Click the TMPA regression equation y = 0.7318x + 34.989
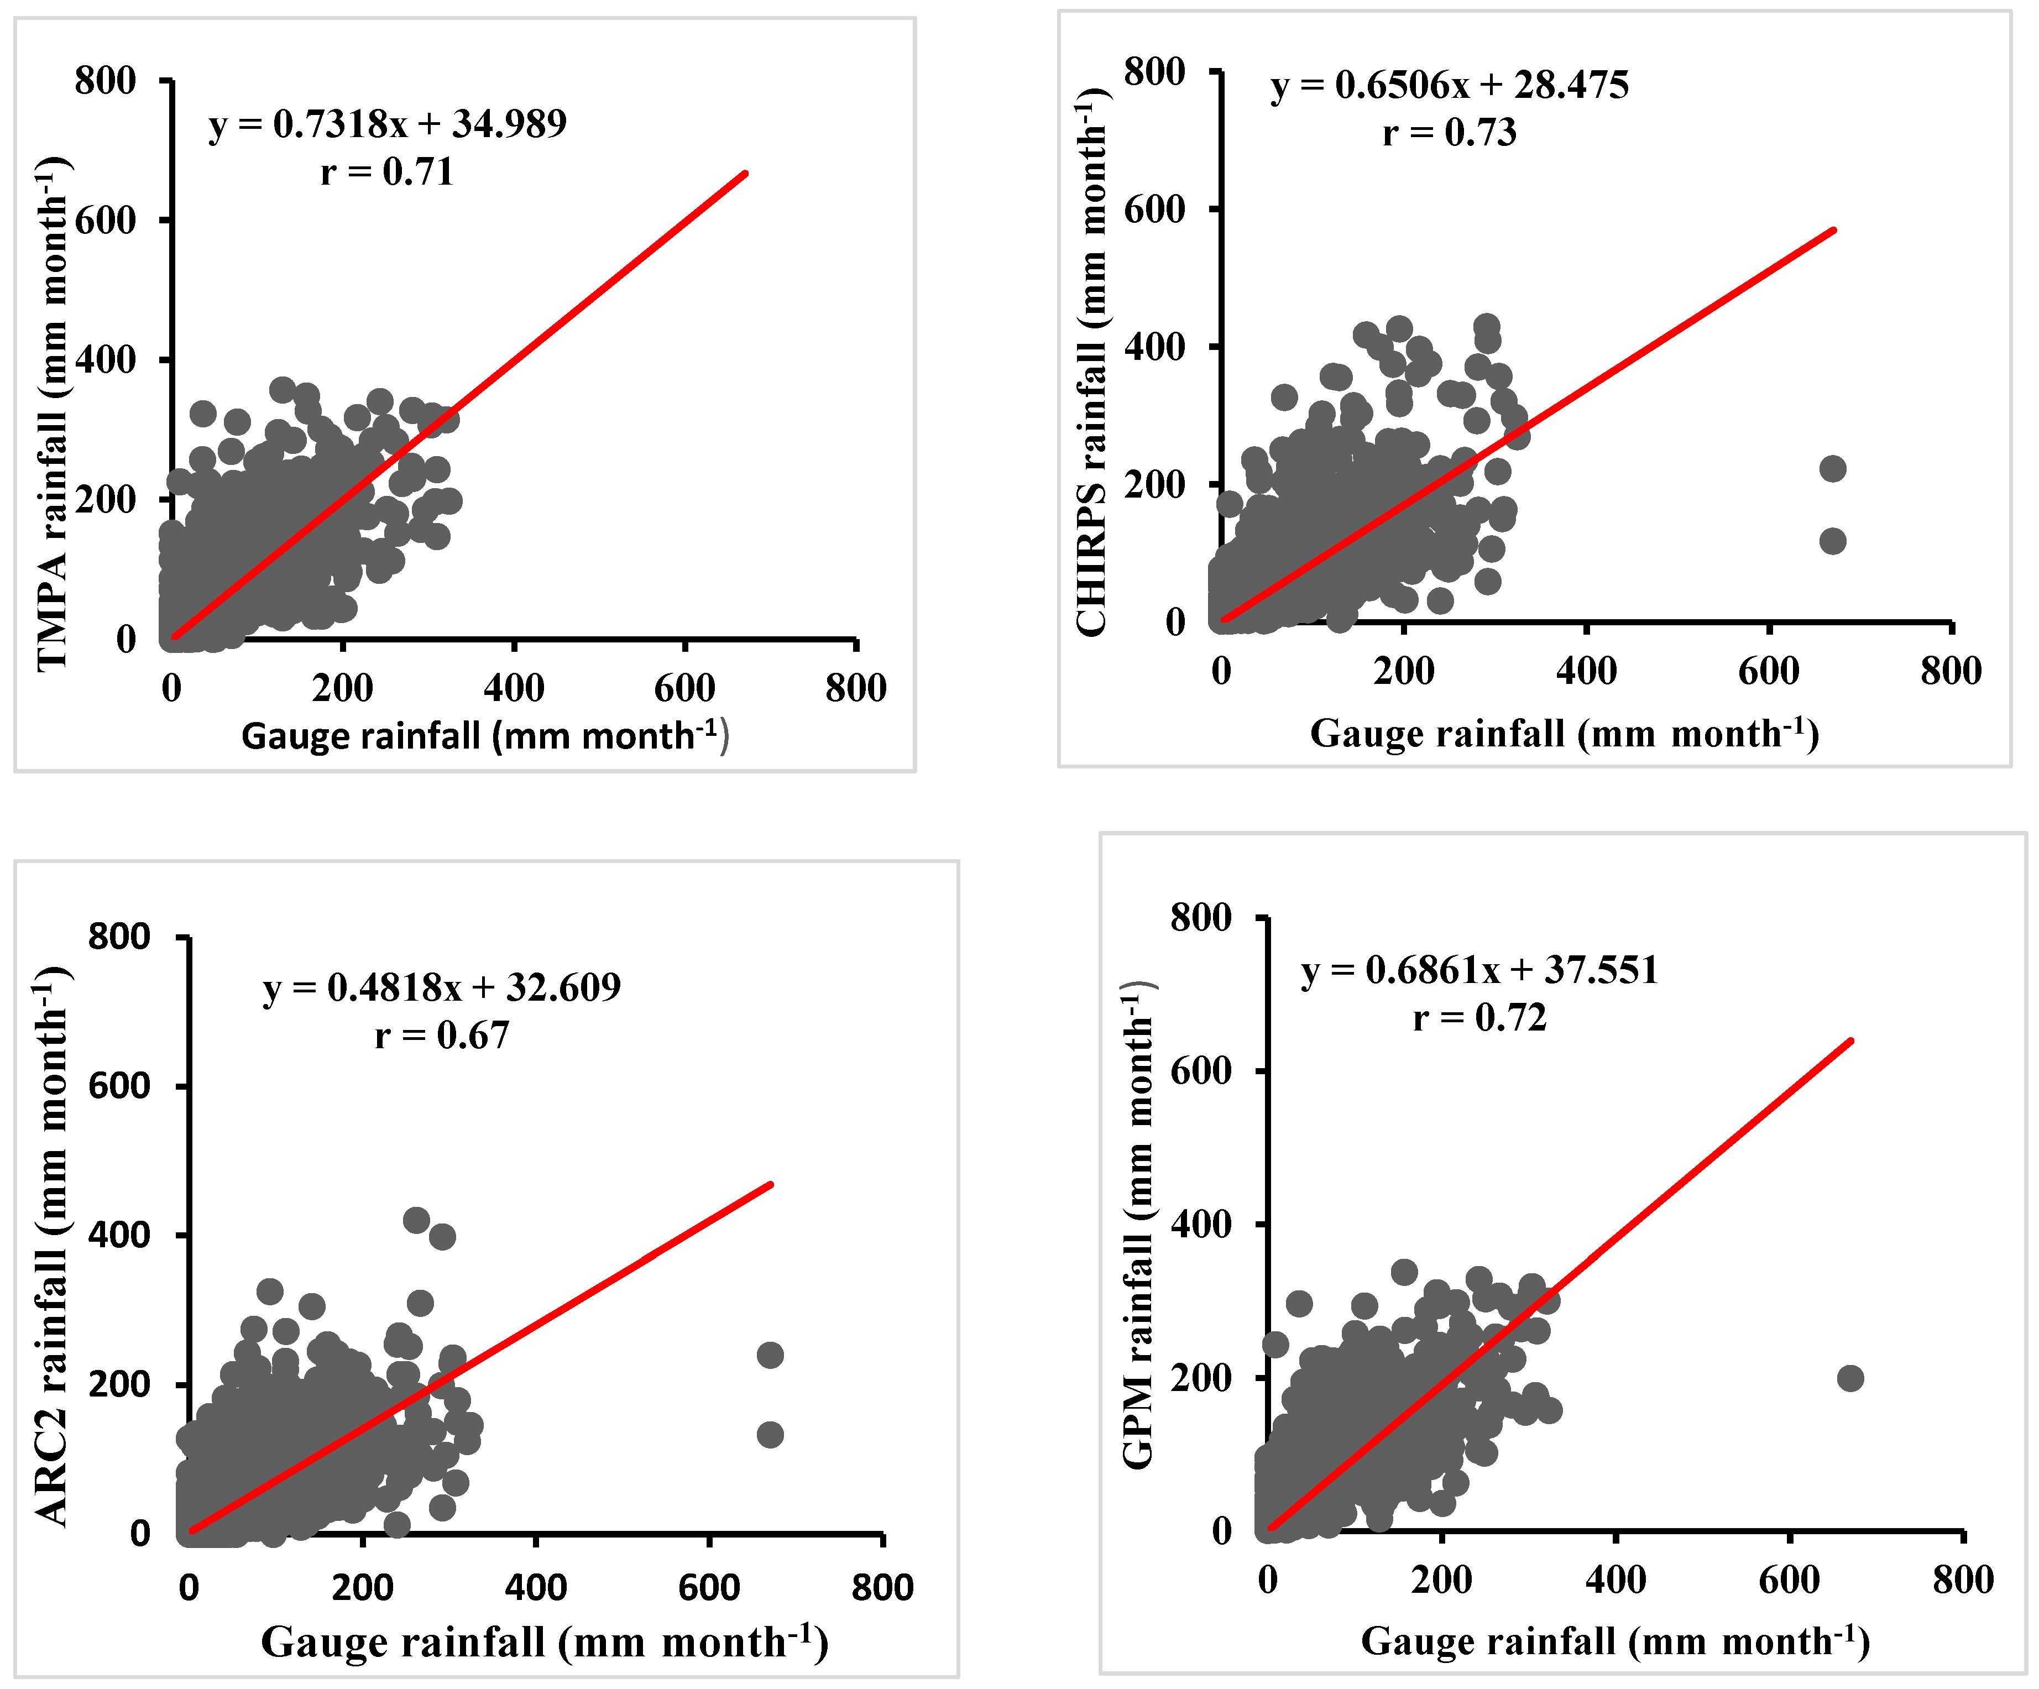tap(388, 124)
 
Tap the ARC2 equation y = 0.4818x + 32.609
tap(442, 987)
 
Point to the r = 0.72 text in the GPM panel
tap(1479, 1017)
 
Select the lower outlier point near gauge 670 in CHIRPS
tap(1831, 541)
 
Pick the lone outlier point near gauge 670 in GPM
tap(1850, 1378)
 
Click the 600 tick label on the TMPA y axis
tap(106, 221)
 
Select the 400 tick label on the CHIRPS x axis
tap(1586, 671)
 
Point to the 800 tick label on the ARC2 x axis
tap(882, 1587)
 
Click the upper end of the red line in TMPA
tap(745, 174)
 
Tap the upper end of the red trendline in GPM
tap(1850, 1042)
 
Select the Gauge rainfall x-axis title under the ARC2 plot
tap(543, 1643)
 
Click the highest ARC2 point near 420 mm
tap(416, 1220)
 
